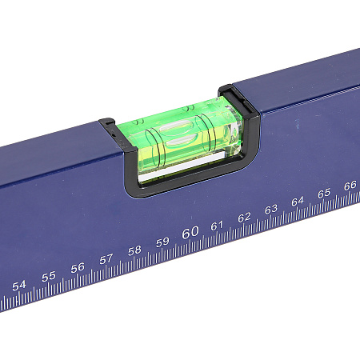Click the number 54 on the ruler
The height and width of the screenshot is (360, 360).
coord(19,286)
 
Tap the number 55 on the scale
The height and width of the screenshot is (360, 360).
coord(49,277)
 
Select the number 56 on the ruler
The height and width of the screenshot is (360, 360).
coord(78,268)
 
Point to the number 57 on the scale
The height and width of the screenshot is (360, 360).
coord(106,259)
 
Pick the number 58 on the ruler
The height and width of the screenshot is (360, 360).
coord(134,250)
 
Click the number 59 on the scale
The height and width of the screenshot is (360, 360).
coord(162,242)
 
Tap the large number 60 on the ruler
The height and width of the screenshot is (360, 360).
coord(190,232)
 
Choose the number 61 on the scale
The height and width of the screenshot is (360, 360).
coord(217,226)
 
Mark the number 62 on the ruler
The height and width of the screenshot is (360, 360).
coord(244,218)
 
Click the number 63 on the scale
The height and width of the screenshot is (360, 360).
coord(271,210)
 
